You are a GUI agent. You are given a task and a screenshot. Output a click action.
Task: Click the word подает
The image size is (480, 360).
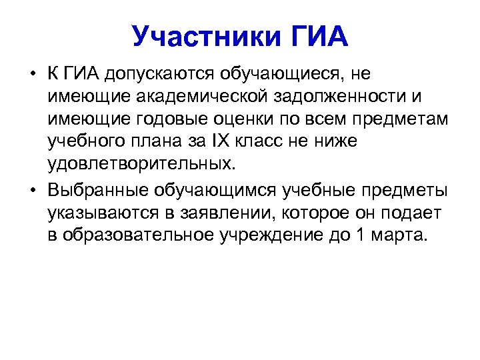coord(415,213)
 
